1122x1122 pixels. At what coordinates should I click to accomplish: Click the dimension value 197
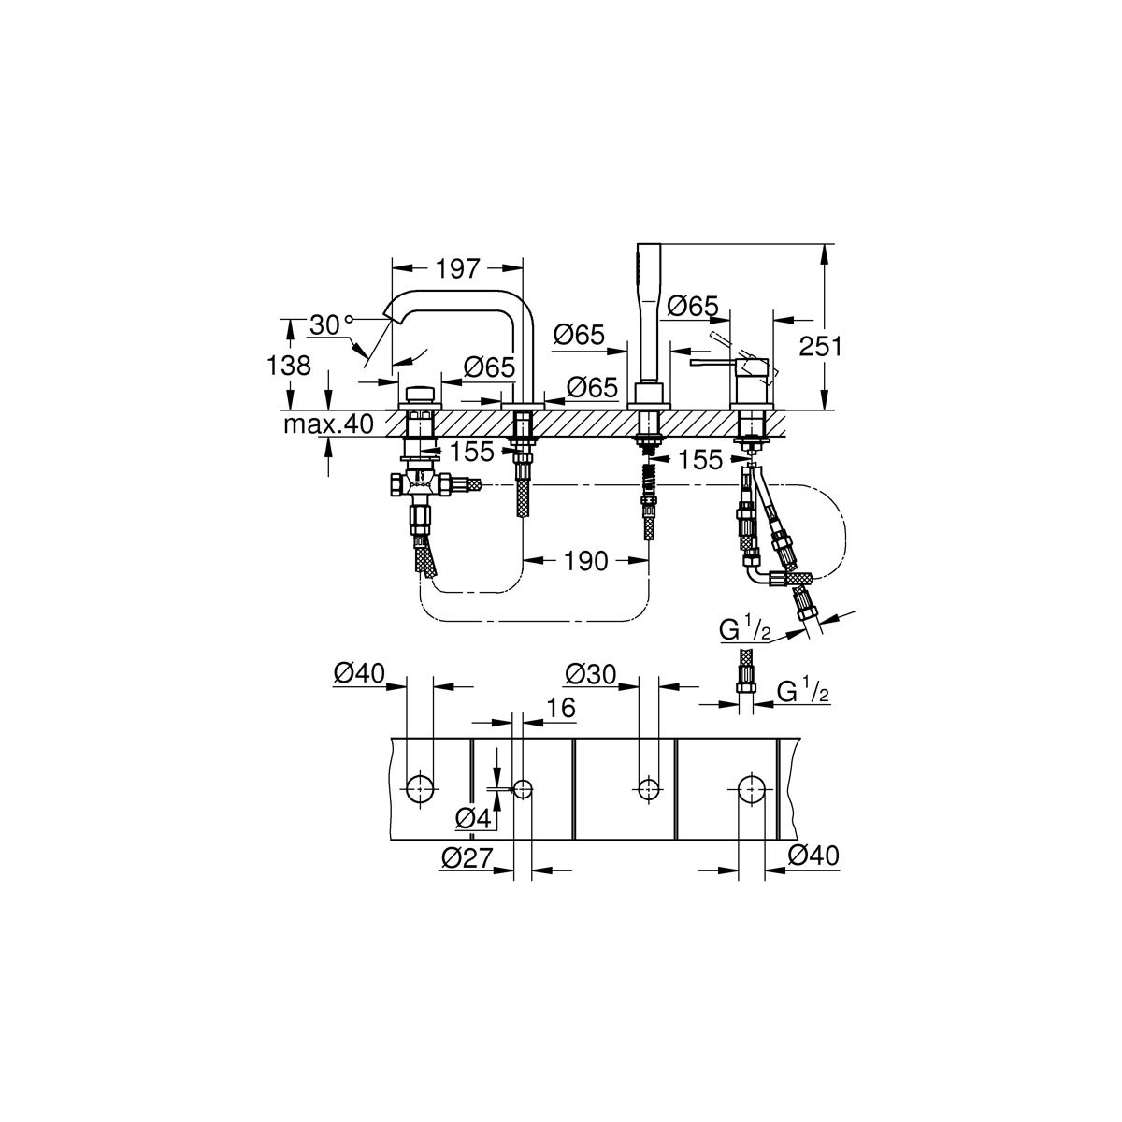click(x=457, y=268)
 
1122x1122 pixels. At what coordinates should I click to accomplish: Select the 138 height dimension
click(x=288, y=366)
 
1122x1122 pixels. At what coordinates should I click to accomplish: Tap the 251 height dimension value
click(x=820, y=347)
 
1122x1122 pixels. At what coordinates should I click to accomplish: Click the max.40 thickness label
click(x=328, y=424)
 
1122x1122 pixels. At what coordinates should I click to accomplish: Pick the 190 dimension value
click(x=585, y=561)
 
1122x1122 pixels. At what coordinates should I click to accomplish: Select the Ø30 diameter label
click(x=590, y=673)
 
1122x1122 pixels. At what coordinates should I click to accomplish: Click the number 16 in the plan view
click(x=561, y=708)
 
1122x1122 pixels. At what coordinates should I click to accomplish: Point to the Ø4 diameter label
click(x=473, y=819)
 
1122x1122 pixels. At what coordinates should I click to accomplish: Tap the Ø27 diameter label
click(x=467, y=857)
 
